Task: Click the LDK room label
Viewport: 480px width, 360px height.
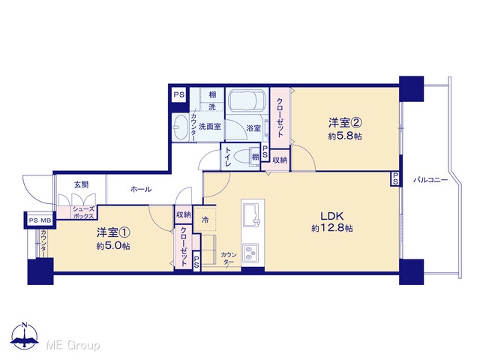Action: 332,216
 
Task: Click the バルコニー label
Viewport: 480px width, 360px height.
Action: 430,180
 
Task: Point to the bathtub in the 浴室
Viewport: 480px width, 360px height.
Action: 247,100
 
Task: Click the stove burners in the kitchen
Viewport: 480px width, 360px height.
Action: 250,253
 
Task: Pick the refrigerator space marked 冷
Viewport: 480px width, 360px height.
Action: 205,220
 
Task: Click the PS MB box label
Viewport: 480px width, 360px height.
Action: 40,220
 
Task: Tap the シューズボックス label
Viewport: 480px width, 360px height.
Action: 83,213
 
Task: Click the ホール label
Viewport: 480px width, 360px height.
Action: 141,190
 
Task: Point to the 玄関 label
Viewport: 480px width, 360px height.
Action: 82,184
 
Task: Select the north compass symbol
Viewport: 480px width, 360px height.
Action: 25,336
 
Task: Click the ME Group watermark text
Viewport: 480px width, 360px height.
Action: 73,346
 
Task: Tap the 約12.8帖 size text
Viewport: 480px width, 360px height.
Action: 332,228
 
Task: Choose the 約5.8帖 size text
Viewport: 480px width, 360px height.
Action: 345,136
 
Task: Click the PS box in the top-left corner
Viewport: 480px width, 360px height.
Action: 179,94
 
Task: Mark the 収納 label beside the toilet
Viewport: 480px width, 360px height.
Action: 280,160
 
